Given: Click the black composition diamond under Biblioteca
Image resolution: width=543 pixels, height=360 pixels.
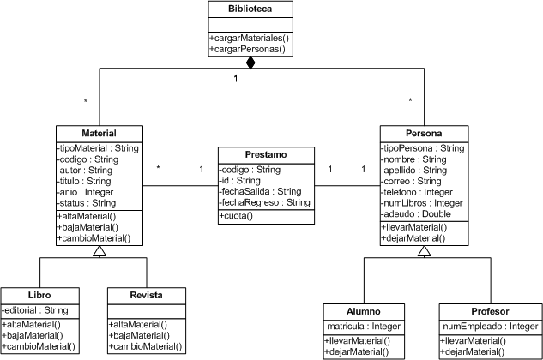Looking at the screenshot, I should [250, 63].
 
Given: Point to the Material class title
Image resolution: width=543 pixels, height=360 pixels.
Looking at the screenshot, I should [99, 133].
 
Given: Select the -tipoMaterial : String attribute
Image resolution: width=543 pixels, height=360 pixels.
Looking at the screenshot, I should [98, 147].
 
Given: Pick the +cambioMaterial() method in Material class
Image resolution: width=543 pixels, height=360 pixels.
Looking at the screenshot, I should [94, 237].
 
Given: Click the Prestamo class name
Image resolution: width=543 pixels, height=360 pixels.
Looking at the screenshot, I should [265, 154].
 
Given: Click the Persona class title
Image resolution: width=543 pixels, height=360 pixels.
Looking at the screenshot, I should [424, 133].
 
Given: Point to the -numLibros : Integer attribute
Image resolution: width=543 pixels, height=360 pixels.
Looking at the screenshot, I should [423, 203].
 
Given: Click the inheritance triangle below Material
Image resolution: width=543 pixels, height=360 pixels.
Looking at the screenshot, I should [99, 251].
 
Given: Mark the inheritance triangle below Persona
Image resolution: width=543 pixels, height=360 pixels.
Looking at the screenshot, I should [424, 251].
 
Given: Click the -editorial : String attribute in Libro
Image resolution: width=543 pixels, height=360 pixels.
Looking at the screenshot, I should [37, 309].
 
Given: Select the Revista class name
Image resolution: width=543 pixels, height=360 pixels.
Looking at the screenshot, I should [146, 295].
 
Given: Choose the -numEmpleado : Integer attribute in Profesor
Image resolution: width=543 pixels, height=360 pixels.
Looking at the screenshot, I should [489, 327].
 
